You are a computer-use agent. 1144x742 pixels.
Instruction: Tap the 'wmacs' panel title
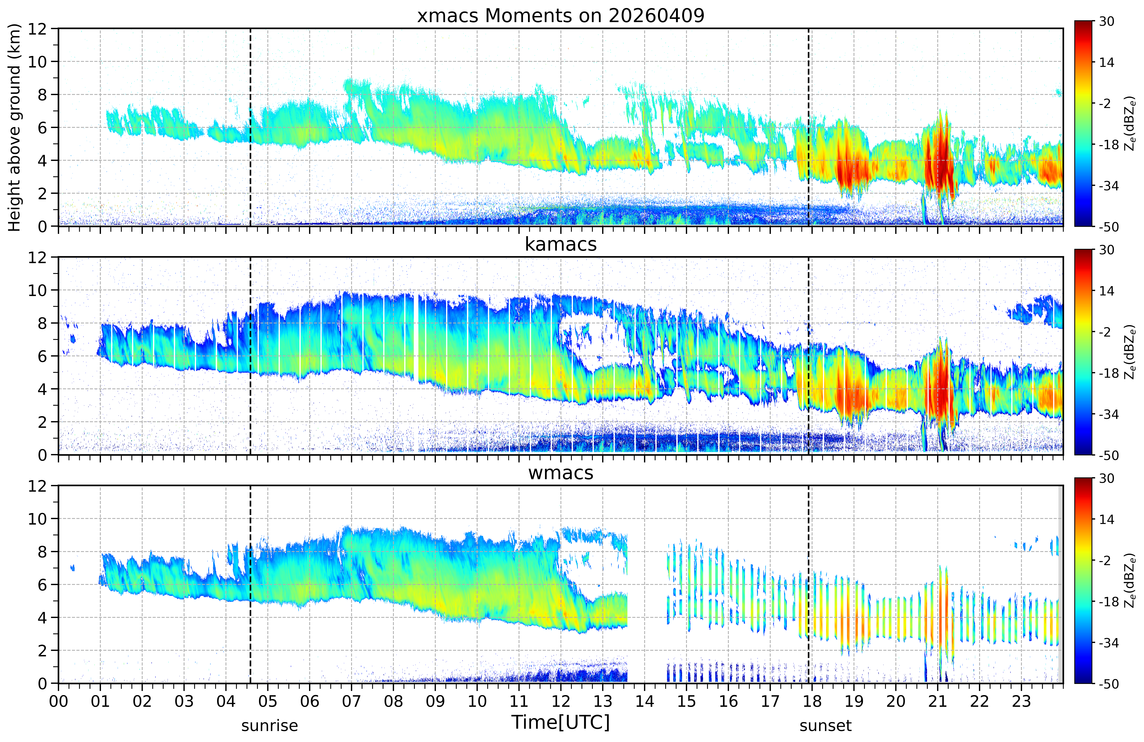pos(560,473)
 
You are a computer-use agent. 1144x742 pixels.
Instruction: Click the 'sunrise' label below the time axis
pos(270,726)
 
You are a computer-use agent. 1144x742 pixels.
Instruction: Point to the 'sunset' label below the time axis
pos(825,726)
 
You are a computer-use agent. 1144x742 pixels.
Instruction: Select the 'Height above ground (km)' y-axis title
pos(14,127)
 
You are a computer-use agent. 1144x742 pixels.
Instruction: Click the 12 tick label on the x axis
pos(560,702)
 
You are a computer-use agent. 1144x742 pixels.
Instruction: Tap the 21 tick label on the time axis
pos(937,702)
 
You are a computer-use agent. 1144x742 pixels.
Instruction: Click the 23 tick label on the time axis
pos(1021,702)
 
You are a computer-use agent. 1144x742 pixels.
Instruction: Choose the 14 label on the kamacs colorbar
pos(1107,291)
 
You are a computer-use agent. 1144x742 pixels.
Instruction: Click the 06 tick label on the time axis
pos(310,702)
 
